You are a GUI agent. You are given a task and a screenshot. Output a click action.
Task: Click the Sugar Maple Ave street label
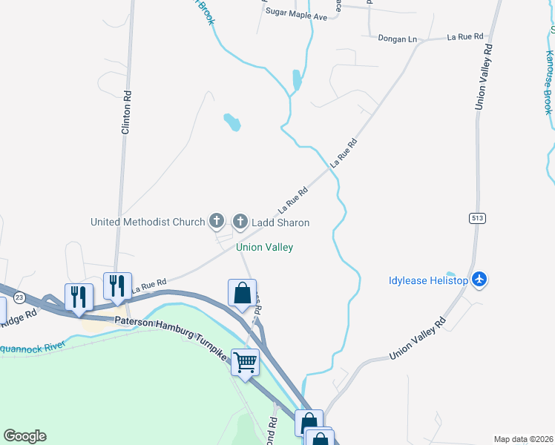(x=295, y=16)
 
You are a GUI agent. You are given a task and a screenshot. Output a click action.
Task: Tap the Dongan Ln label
(x=397, y=39)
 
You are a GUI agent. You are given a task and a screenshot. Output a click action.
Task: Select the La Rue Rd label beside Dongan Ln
(x=465, y=36)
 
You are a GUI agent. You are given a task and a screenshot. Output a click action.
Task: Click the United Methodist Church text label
(x=147, y=222)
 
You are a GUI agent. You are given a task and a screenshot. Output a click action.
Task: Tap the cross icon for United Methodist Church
(x=216, y=221)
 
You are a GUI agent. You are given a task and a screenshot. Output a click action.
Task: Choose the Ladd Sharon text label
(x=280, y=222)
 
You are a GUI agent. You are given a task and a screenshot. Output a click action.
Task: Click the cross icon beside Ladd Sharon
(x=240, y=221)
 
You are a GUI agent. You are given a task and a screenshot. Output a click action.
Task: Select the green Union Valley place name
(x=264, y=247)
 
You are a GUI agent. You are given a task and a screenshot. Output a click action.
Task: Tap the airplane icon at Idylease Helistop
(x=479, y=280)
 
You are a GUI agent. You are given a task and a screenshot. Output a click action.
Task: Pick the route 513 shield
(x=477, y=217)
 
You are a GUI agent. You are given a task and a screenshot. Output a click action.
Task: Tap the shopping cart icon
(x=245, y=363)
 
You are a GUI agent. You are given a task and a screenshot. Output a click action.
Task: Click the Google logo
(x=24, y=436)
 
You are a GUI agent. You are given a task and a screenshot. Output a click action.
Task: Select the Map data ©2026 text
(x=522, y=439)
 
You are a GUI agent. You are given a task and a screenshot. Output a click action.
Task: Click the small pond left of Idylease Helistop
(x=450, y=274)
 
